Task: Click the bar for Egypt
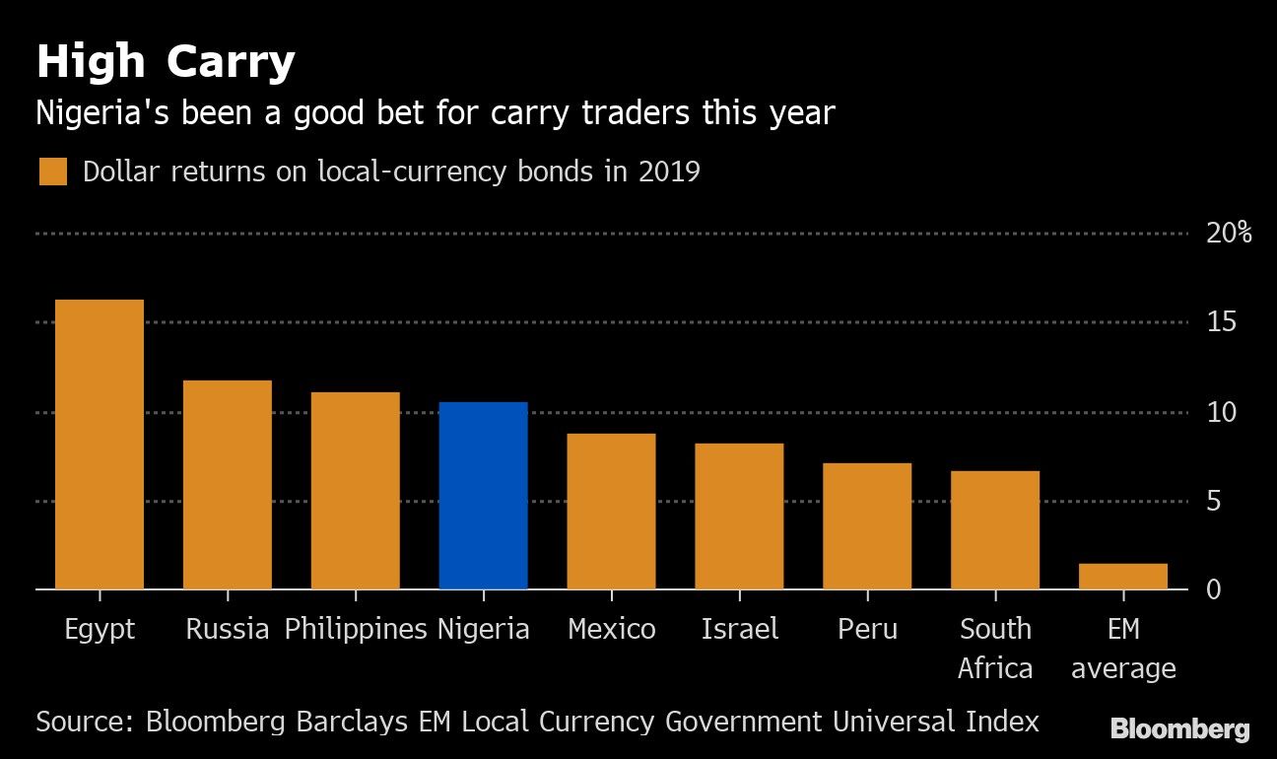100,444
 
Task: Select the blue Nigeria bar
483,495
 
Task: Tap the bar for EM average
1122,577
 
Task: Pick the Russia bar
228,484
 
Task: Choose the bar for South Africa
995,529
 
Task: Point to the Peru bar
867,525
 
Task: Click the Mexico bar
611,511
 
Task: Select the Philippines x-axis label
356,629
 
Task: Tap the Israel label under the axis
739,629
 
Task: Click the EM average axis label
1123,649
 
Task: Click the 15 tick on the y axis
1220,323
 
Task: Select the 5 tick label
1214,502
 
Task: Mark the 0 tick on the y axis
1214,589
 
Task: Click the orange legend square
53,172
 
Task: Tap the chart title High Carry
166,63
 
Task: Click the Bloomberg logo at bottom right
1179,729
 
